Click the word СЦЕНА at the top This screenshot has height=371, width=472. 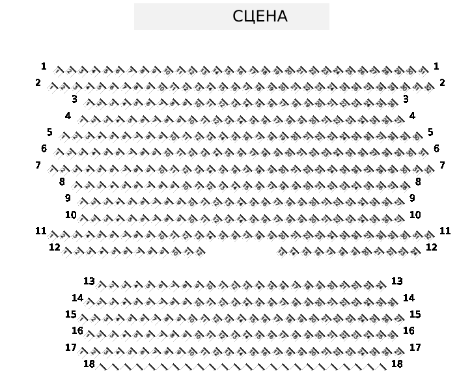coord(260,16)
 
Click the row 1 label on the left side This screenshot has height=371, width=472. coord(44,66)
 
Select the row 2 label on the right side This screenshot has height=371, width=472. coord(442,83)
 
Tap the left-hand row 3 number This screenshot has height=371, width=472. coord(74,100)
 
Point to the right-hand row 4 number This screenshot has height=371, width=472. coord(412,116)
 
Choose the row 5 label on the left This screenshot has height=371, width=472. coord(49,133)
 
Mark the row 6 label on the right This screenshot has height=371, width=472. coord(436,149)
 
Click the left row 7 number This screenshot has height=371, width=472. coord(38,166)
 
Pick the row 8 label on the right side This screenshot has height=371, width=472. coord(418,182)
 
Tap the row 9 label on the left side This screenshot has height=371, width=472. coord(68,199)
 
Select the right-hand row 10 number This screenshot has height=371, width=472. coord(415,215)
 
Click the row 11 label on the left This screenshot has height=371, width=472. coord(41,231)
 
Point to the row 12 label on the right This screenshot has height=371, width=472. coord(431,247)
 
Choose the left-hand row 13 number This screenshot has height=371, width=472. coord(89,281)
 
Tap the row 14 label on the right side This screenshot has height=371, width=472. coord(409,298)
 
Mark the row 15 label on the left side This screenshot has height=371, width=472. coord(71,314)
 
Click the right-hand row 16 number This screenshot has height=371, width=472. coord(409,331)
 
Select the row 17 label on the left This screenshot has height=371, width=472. coord(71,348)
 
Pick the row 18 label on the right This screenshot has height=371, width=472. coord(397,364)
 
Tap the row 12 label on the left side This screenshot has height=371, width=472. coord(55,247)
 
